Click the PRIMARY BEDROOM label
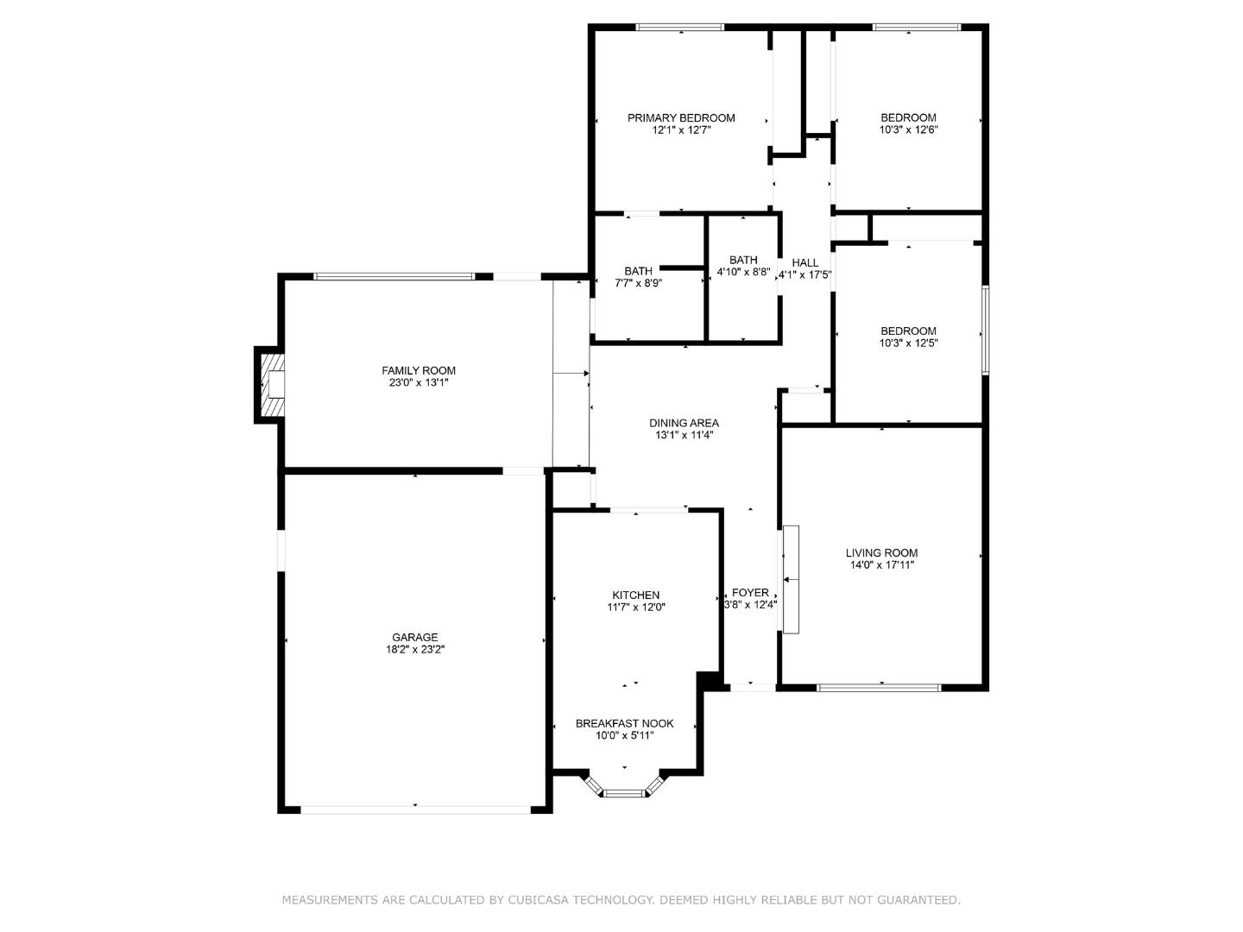click(x=681, y=118)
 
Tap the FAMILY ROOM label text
click(x=419, y=371)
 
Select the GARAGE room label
click(x=415, y=638)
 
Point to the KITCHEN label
click(x=636, y=595)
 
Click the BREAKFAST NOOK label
click(x=624, y=724)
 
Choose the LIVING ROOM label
click(x=881, y=553)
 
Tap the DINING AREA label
click(x=684, y=424)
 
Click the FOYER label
click(x=750, y=593)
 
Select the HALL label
click(x=804, y=263)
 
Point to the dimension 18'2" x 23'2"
click(x=415, y=650)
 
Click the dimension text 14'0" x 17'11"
click(x=881, y=565)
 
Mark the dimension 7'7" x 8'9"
click(x=638, y=283)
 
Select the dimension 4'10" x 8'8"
click(x=743, y=272)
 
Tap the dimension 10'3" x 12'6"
click(x=908, y=130)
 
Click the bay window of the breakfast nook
click(x=623, y=791)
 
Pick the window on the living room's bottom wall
click(x=879, y=688)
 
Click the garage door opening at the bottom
click(x=415, y=809)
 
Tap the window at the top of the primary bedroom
click(x=680, y=28)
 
